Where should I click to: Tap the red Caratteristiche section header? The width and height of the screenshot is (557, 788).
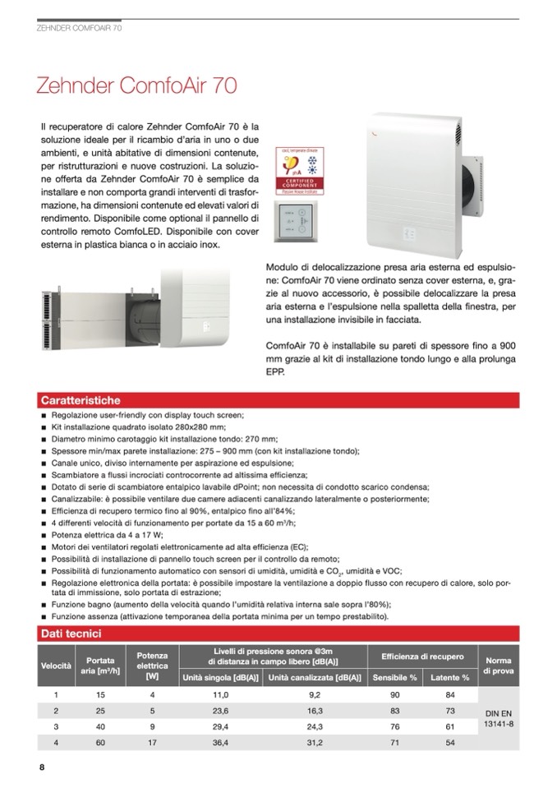click(x=81, y=400)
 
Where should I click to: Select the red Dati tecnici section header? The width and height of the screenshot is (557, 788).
click(x=71, y=634)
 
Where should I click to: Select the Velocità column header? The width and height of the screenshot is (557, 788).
click(x=57, y=664)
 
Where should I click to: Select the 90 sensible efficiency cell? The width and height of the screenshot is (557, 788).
click(x=394, y=694)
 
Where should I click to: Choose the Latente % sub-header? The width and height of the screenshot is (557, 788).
click(x=450, y=678)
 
